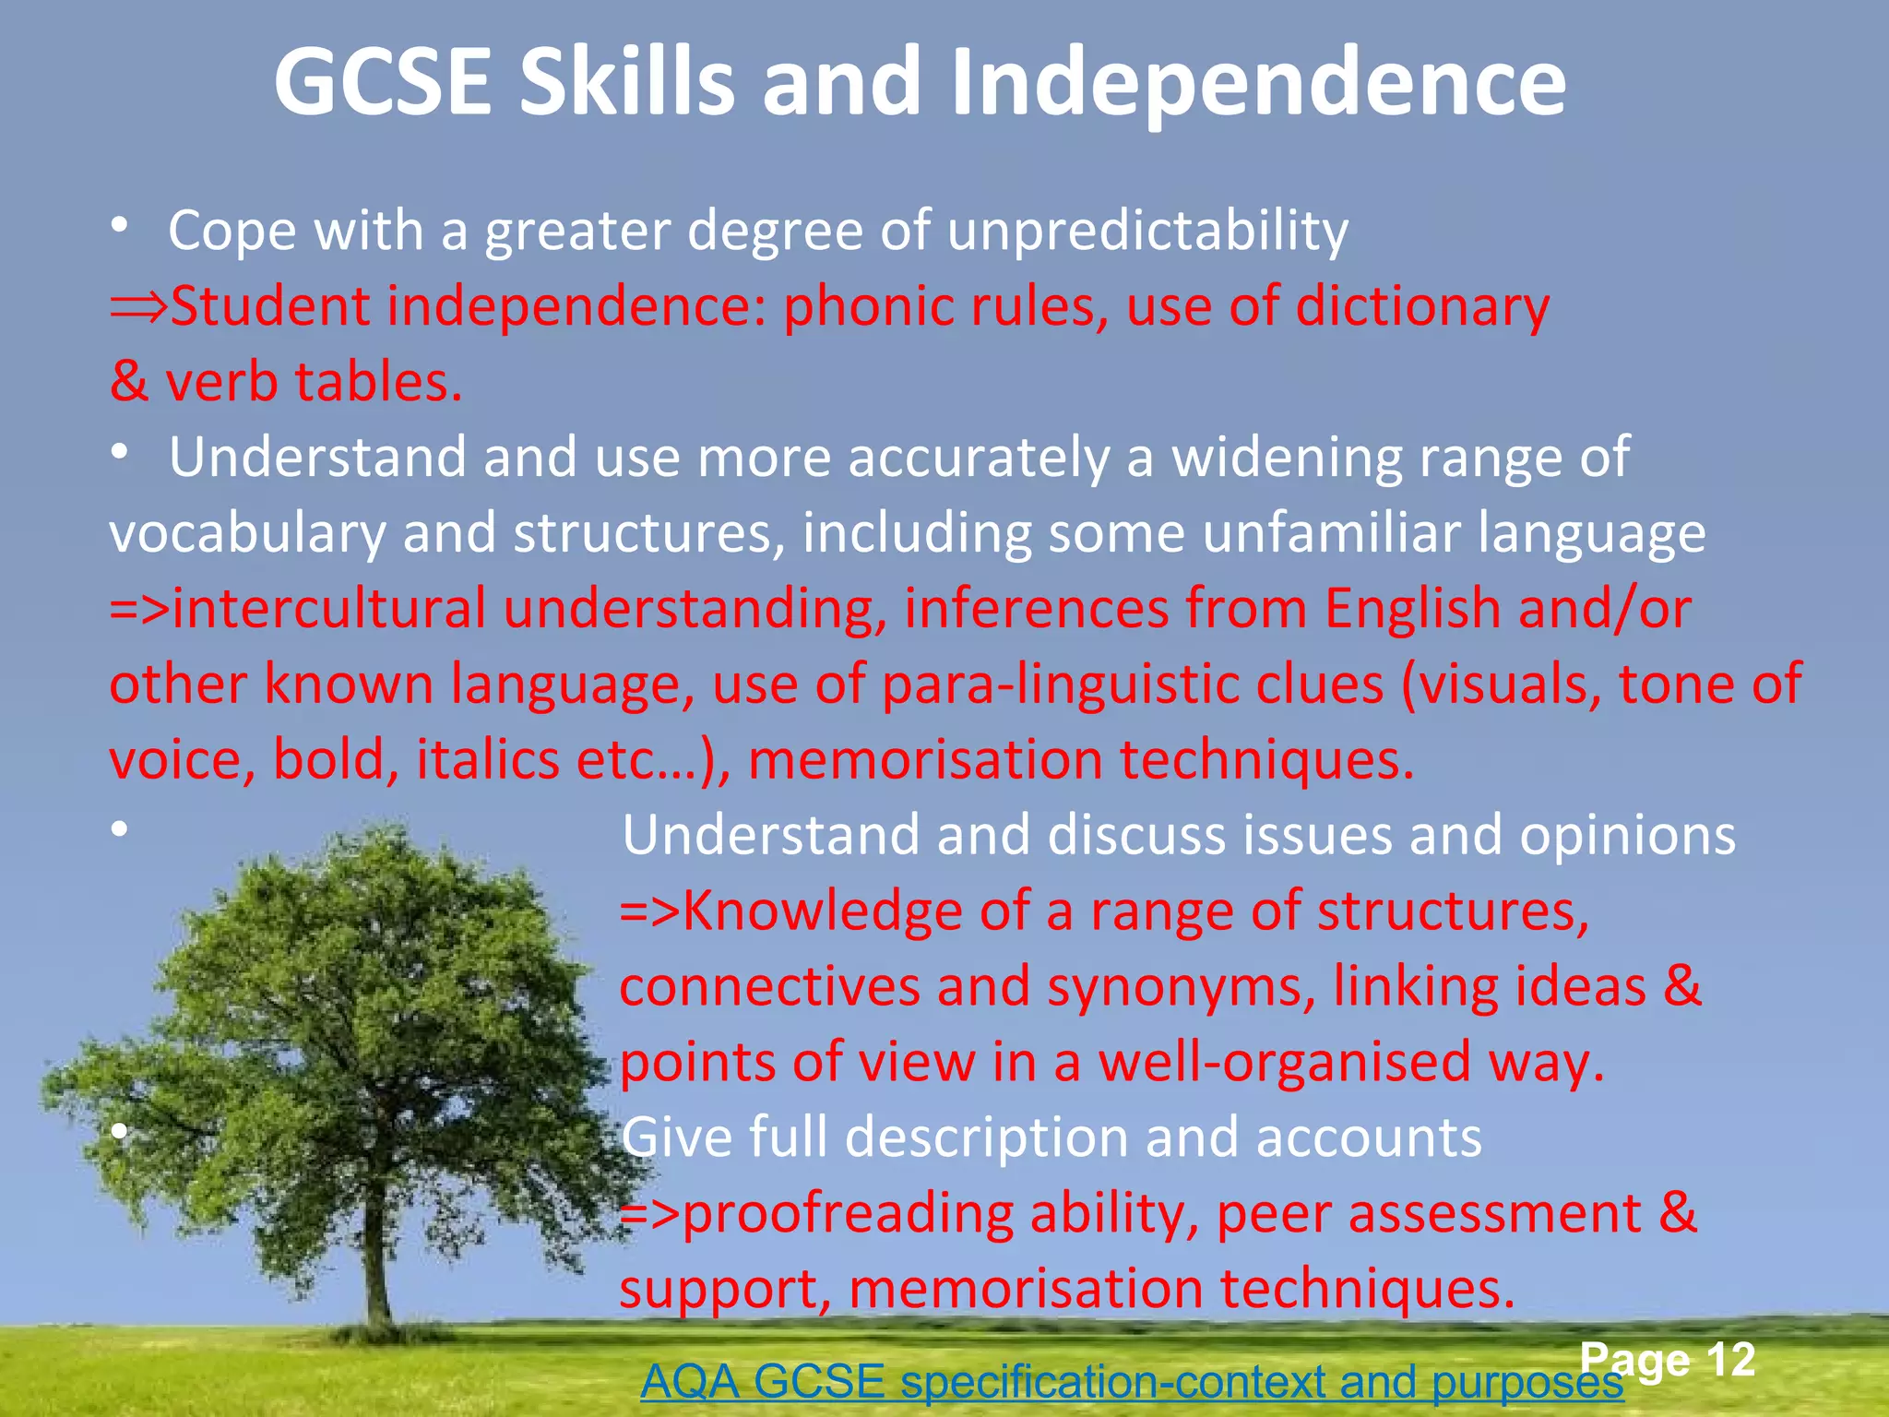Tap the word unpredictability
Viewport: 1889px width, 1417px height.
[x=1147, y=231]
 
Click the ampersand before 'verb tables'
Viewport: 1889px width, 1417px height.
[x=128, y=382]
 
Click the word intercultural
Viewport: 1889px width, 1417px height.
[x=328, y=609]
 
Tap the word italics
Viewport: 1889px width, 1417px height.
[x=488, y=760]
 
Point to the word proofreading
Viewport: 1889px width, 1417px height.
[x=848, y=1214]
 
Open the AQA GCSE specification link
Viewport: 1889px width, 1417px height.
[x=1131, y=1382]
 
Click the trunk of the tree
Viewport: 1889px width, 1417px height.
[x=377, y=1264]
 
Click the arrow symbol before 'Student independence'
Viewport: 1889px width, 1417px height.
[x=138, y=308]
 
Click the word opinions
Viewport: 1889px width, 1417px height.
[x=1627, y=836]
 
